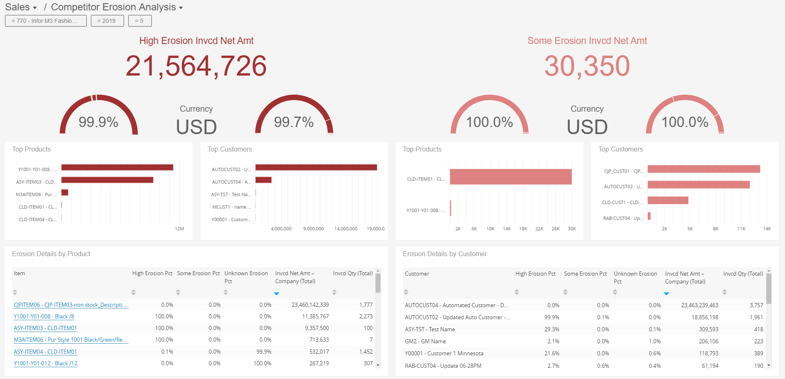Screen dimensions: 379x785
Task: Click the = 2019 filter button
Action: [107, 21]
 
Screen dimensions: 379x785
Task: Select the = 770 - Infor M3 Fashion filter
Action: [46, 21]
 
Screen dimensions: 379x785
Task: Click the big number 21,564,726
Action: [196, 66]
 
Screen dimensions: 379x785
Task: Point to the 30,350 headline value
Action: [587, 66]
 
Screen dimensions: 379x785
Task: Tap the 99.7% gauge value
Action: [294, 122]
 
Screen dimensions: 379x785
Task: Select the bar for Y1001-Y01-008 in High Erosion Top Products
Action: [117, 167]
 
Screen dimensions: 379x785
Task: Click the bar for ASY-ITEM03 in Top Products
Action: [107, 180]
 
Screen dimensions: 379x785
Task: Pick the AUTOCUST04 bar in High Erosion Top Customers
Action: [263, 180]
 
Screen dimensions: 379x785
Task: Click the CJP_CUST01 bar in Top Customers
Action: [703, 169]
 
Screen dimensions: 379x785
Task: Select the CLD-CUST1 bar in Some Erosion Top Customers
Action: [668, 201]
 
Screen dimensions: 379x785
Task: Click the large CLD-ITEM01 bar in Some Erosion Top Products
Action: [510, 177]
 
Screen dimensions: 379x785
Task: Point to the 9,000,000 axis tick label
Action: [313, 229]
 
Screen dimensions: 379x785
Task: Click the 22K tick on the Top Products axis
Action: [539, 229]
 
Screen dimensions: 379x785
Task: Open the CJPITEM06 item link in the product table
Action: [71, 305]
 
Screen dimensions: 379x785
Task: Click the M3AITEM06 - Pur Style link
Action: [71, 340]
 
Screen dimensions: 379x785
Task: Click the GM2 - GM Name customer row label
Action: [425, 341]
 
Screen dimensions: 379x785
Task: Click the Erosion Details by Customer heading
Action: [444, 254]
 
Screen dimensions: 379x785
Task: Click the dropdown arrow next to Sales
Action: [35, 8]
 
